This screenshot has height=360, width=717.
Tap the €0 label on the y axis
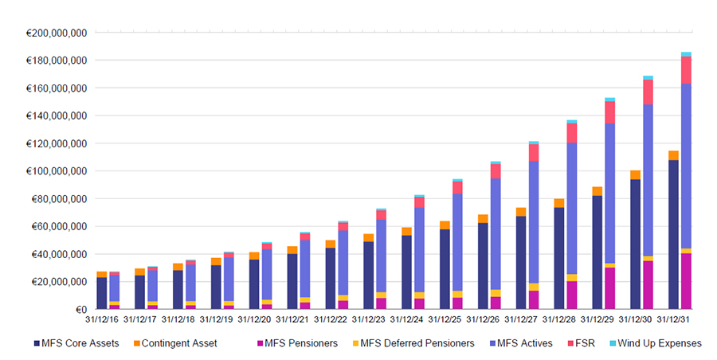pos(80,310)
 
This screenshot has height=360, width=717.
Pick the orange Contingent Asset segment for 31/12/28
pos(558,203)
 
